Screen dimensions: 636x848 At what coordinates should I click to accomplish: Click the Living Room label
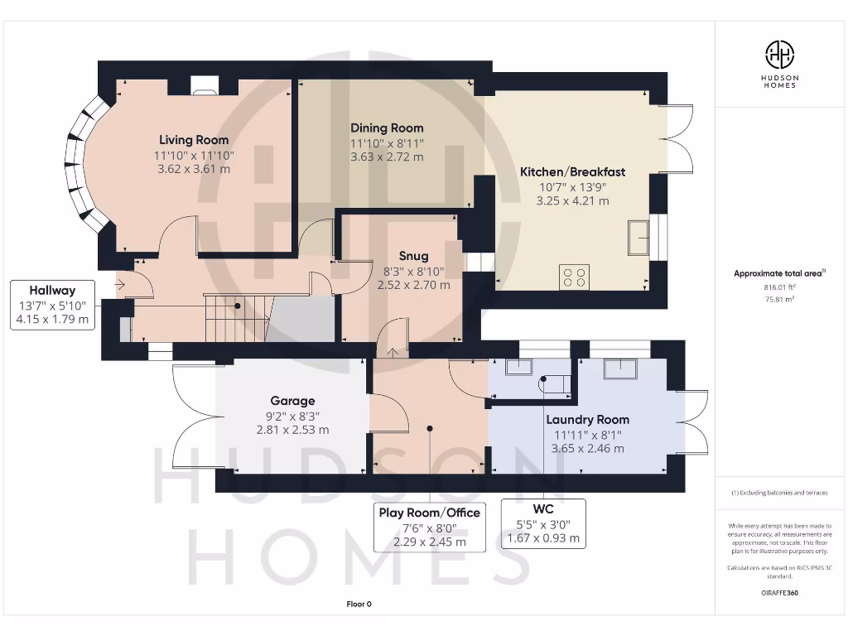[x=194, y=140]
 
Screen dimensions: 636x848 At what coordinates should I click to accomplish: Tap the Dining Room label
[x=387, y=128]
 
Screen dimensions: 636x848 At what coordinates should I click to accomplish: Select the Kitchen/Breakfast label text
[x=572, y=172]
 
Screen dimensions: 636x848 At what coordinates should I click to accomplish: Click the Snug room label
[x=413, y=256]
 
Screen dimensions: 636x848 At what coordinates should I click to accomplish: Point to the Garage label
[x=292, y=401]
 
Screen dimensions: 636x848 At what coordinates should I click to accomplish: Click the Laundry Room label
[x=587, y=420]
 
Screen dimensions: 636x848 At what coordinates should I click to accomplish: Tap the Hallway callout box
[x=52, y=304]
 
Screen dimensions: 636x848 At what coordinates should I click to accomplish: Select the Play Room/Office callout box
[x=429, y=527]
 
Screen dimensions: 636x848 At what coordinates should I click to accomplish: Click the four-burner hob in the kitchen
[x=576, y=277]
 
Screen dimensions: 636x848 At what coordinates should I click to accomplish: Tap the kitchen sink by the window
[x=638, y=238]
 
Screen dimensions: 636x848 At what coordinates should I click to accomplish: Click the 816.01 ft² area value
[x=779, y=288]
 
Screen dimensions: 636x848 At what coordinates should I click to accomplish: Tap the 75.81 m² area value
[x=779, y=301]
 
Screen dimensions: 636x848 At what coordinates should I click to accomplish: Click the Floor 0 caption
[x=359, y=605]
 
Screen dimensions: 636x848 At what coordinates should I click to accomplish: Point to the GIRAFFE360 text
[x=779, y=593]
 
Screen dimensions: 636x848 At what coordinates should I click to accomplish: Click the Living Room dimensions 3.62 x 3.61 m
[x=194, y=169]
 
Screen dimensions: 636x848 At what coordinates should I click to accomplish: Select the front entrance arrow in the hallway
[x=120, y=285]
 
